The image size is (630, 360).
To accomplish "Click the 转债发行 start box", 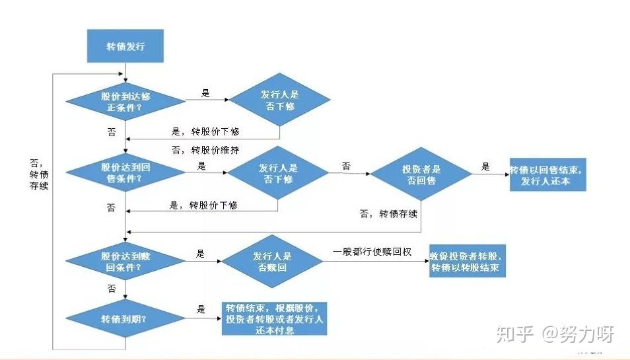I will (x=125, y=46).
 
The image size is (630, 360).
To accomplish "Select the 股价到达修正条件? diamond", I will (x=125, y=100).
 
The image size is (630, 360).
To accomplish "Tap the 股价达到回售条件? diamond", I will (x=125, y=174).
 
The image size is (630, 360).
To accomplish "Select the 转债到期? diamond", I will (x=125, y=318).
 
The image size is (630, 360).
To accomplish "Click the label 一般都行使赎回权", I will (x=372, y=252).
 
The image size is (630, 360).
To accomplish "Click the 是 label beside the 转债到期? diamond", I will (x=201, y=309).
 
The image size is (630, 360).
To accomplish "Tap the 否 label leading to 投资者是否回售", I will (x=346, y=165).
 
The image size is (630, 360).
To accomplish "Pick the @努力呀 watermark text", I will (x=578, y=334).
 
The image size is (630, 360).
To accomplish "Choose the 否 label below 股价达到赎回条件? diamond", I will (x=111, y=288).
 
